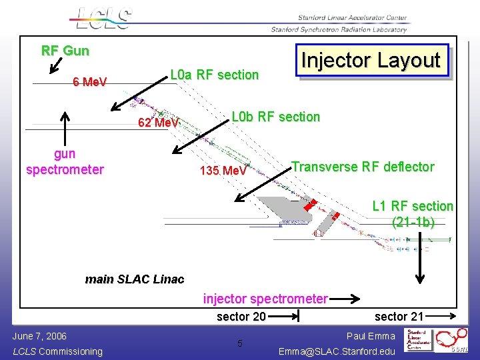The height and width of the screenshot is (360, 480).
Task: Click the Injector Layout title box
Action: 371,61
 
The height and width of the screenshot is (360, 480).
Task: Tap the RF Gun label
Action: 65,51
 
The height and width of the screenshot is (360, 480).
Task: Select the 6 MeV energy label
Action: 90,82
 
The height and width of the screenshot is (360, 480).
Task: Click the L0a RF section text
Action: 214,75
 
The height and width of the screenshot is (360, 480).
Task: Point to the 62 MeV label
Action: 158,123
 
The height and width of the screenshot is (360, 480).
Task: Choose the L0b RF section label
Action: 275,117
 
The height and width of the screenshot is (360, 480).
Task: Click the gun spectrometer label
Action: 65,162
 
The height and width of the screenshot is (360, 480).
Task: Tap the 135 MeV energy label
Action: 223,171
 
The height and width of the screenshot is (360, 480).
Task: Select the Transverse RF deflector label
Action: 363,167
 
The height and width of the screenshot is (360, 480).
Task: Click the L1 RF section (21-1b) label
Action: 413,214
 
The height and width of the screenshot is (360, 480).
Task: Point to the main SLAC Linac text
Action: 135,279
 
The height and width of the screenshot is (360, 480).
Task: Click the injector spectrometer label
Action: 265,299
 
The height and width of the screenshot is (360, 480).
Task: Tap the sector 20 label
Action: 241,317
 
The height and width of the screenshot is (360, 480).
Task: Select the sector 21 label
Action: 399,316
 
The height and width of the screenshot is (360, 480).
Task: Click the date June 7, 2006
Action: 39,336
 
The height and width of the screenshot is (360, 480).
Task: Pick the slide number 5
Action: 240,344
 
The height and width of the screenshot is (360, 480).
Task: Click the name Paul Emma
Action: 371,336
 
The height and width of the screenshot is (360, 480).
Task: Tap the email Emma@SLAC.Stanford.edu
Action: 337,351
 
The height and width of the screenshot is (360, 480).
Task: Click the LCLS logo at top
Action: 104,18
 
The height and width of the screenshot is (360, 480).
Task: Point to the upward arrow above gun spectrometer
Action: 65,126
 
